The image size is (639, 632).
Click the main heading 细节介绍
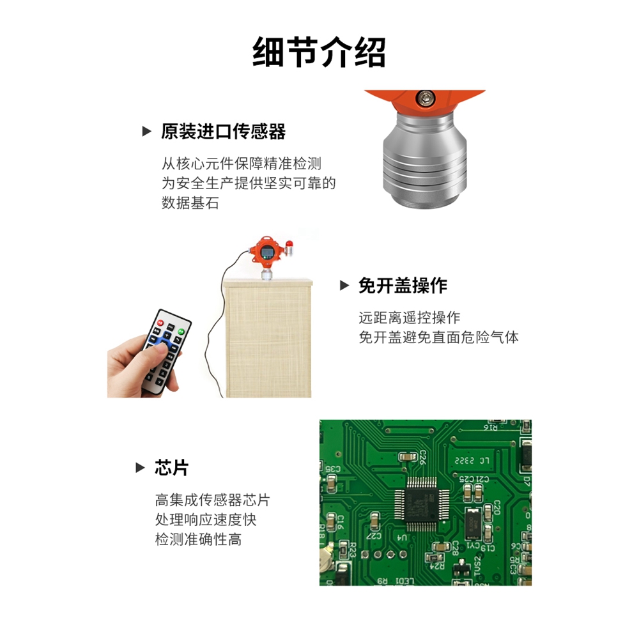pos(319,52)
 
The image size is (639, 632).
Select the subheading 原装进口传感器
pos(223,132)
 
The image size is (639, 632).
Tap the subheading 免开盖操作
pos(402,286)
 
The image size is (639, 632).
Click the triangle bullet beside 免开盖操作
pos(344,286)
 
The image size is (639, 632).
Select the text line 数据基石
pos(190,204)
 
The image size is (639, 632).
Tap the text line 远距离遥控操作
pos(409,318)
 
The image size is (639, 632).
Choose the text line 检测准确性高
pos(199,539)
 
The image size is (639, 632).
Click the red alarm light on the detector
pos(289,243)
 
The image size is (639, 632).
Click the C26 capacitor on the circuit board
pos(406,456)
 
